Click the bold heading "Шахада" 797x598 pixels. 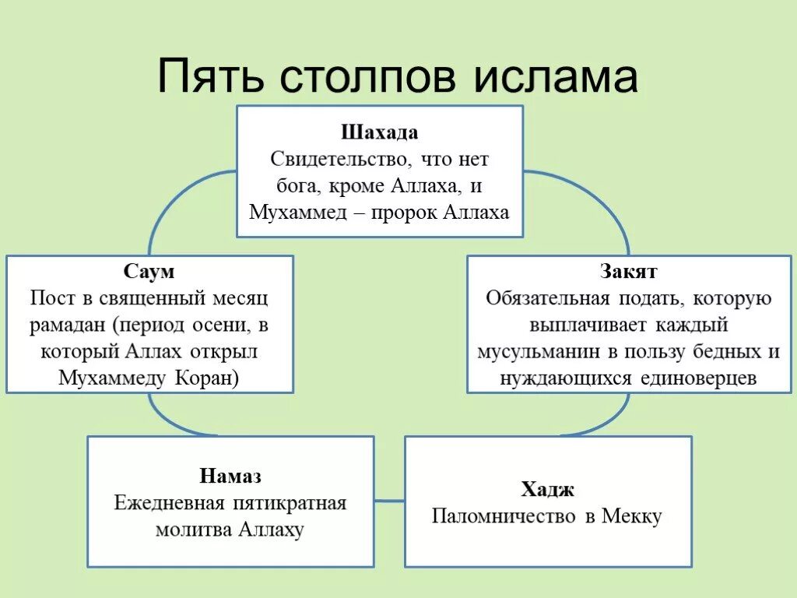pyautogui.click(x=379, y=132)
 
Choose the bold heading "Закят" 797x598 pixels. pyautogui.click(x=628, y=272)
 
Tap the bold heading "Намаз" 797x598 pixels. pyautogui.click(x=230, y=476)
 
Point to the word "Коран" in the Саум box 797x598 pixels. pyautogui.click(x=212, y=378)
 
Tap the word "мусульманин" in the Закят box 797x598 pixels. pyautogui.click(x=539, y=351)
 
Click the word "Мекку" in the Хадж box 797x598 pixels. pyautogui.click(x=631, y=516)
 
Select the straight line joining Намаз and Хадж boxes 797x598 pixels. pyautogui.click(x=389, y=501)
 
